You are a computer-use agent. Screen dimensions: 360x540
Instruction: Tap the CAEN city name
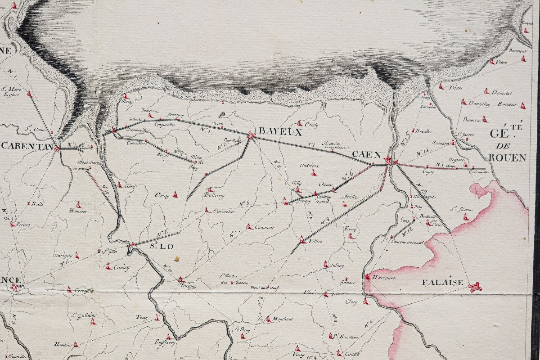366,154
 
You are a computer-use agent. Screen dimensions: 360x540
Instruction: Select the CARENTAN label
27,146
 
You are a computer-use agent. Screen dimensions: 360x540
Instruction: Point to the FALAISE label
442,282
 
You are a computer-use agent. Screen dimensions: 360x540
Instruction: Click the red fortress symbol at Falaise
474,287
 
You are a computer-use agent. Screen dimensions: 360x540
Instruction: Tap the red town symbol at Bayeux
251,135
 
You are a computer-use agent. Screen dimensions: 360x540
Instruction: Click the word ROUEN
507,157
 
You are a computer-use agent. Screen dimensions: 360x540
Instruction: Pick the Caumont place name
264,227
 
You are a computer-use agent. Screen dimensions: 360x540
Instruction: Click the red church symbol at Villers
302,239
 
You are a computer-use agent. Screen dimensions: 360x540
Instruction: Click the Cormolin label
223,212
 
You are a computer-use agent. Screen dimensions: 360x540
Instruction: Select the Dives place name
455,88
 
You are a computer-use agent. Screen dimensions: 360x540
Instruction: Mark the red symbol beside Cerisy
175,195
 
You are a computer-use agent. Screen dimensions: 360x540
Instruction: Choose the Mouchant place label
282,319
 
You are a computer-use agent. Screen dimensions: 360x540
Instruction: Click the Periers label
22,224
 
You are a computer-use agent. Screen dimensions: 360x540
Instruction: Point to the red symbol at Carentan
57,148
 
